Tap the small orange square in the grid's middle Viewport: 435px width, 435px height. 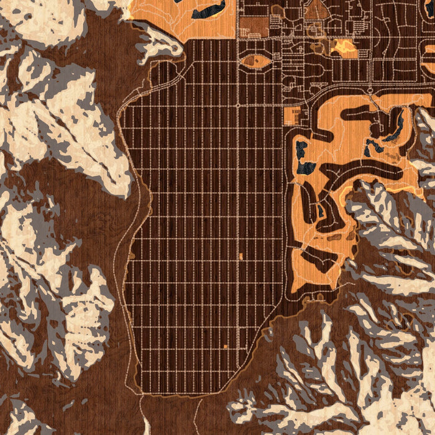pyautogui.click(x=241, y=256)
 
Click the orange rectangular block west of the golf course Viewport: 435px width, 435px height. pyautogui.click(x=291, y=116)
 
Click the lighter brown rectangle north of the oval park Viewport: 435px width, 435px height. pyautogui.click(x=254, y=25)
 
